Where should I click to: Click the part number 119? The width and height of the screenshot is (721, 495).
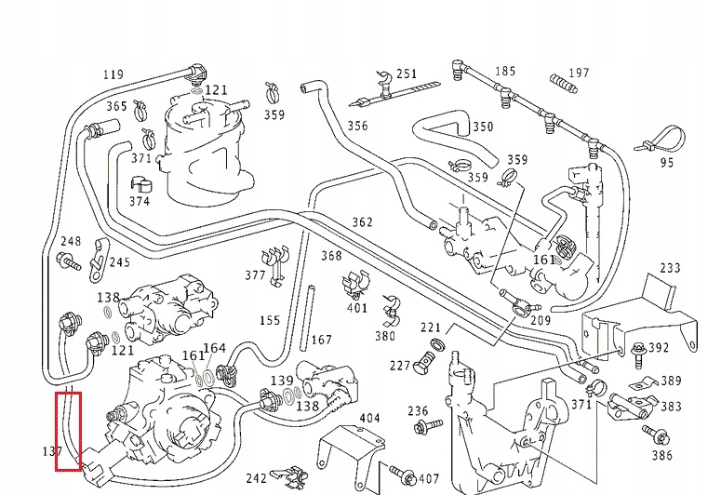(113, 74)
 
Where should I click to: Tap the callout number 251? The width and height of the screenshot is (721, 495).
(407, 74)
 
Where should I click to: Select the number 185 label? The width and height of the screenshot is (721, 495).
(505, 71)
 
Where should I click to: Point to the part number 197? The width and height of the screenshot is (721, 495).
(579, 73)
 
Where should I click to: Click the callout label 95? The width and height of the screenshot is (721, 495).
(666, 164)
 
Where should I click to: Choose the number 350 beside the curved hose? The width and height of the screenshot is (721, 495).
(483, 127)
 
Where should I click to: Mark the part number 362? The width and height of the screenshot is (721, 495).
(362, 222)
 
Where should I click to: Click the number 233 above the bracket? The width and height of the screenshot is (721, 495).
(670, 268)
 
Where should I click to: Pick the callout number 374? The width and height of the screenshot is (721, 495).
(139, 201)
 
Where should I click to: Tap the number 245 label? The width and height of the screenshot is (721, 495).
(119, 262)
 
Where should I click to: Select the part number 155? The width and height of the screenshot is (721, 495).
(270, 321)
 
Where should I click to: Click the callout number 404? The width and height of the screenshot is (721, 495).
(369, 418)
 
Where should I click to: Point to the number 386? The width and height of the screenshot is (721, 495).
(661, 456)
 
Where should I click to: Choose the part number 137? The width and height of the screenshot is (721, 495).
(52, 452)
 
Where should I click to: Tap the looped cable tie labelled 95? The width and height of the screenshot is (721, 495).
(660, 137)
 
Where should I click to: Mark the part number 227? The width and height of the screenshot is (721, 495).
(400, 365)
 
